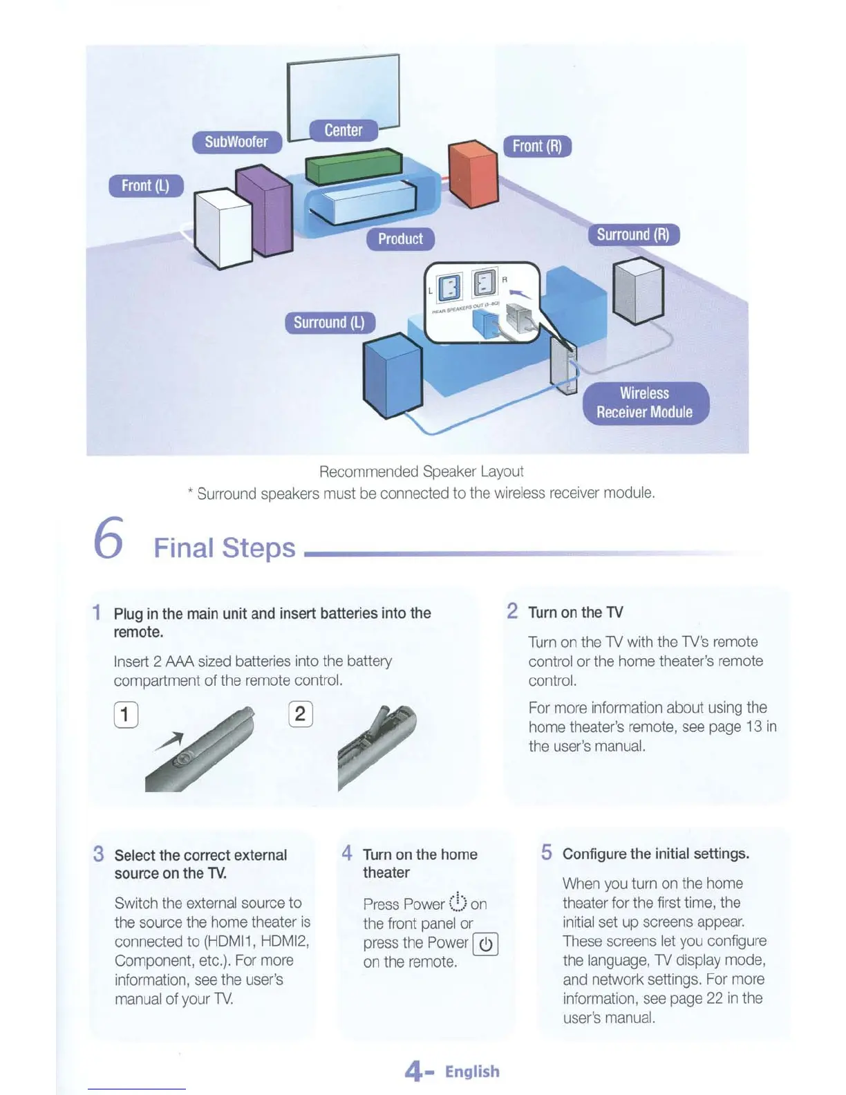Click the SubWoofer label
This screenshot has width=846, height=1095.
tap(236, 142)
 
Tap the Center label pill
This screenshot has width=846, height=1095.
tap(344, 130)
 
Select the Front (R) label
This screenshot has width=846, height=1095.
tap(537, 146)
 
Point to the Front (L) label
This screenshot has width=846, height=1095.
tap(145, 185)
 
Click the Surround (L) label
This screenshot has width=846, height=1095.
tap(329, 322)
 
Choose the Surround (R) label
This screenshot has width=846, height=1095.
tap(633, 234)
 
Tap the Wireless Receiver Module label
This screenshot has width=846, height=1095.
tap(645, 402)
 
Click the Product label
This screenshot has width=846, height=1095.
tap(400, 238)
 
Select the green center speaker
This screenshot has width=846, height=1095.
tap(353, 167)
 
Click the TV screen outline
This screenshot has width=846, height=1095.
tap(344, 90)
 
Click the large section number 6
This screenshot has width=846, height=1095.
tap(109, 538)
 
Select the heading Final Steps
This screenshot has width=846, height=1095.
tap(224, 547)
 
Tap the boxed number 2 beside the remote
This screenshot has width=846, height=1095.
tap(300, 713)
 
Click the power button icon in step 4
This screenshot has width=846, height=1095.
tap(485, 944)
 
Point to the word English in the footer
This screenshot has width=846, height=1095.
tap(472, 1071)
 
